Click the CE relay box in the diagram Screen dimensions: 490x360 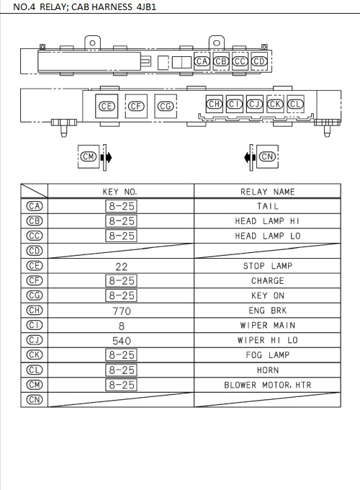click(107, 107)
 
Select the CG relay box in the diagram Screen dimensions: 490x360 click(166, 107)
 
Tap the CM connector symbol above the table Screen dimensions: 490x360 click(89, 156)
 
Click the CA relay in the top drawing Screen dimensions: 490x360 click(202, 61)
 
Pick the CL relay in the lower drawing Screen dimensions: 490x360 click(295, 104)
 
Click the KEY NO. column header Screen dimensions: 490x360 click(120, 192)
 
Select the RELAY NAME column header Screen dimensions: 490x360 click(267, 192)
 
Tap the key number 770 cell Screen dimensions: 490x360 click(121, 311)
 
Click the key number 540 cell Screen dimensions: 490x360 click(121, 340)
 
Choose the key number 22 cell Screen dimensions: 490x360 click(121, 266)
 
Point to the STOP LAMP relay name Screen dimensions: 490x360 click(267, 266)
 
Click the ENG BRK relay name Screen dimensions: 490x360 click(267, 311)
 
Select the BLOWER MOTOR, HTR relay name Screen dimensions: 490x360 click(267, 385)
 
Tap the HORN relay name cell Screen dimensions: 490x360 click(267, 370)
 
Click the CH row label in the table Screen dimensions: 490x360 click(34, 311)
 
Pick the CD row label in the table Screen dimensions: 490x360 click(34, 251)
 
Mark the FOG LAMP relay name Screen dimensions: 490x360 click(267, 355)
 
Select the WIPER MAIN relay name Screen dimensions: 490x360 click(267, 326)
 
